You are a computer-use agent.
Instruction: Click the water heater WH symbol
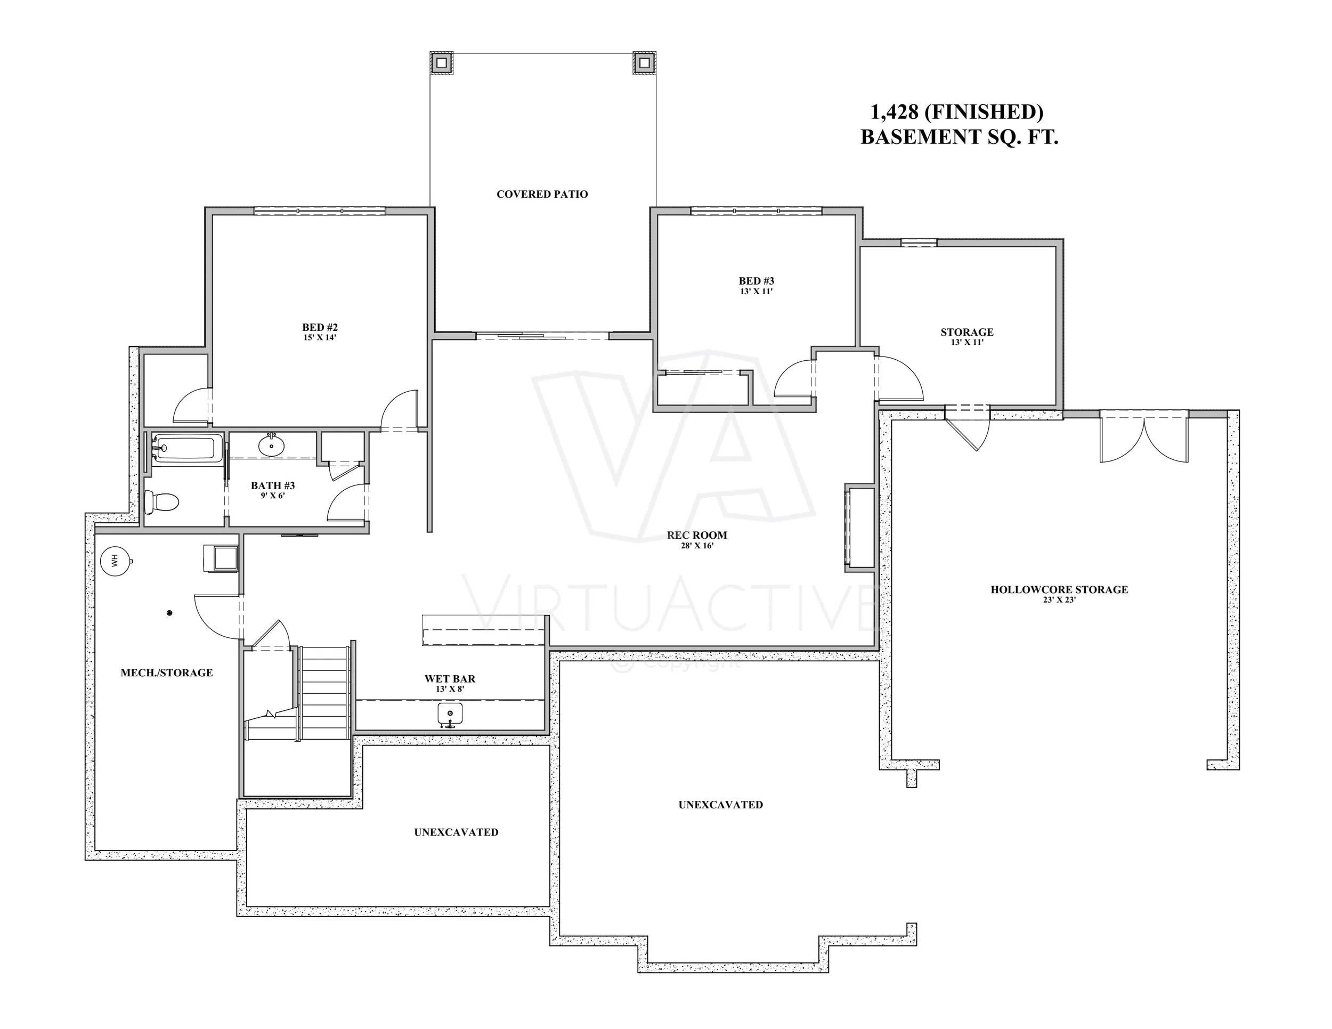(x=115, y=560)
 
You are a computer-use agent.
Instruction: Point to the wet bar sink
(x=450, y=714)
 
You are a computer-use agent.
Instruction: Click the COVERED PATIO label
(x=542, y=195)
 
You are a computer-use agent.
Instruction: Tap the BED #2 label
(x=320, y=328)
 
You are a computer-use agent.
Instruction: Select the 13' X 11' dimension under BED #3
(x=756, y=291)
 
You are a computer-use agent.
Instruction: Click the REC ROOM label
(x=697, y=535)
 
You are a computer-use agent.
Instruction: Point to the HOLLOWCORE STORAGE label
(x=1059, y=589)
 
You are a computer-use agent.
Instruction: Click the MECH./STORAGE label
(x=166, y=673)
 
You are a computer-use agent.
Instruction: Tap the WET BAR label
(x=450, y=678)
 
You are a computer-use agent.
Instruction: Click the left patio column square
(x=442, y=62)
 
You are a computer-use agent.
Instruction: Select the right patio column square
(x=644, y=62)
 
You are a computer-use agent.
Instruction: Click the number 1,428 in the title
(x=894, y=112)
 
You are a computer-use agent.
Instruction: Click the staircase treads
(x=325, y=692)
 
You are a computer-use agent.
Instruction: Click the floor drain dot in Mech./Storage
(x=170, y=612)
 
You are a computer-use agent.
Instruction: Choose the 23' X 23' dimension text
(x=1059, y=599)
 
